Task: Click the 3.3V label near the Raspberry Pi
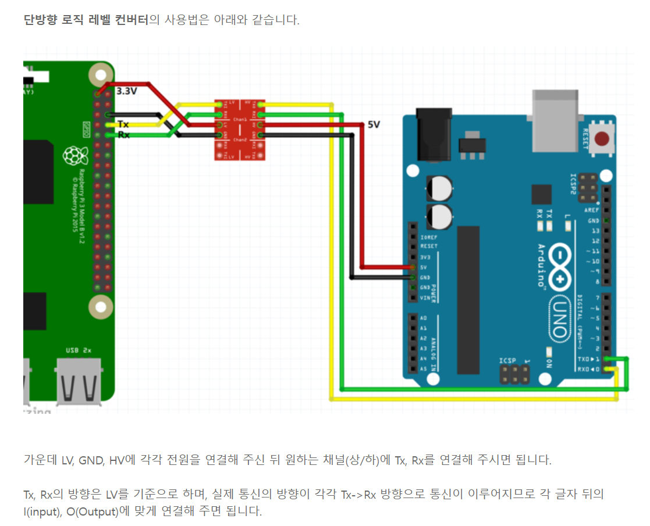(127, 91)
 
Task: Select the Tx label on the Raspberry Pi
(123, 124)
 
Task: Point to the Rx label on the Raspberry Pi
(123, 135)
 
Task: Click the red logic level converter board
(240, 129)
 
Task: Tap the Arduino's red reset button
(603, 138)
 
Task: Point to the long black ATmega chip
(468, 299)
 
